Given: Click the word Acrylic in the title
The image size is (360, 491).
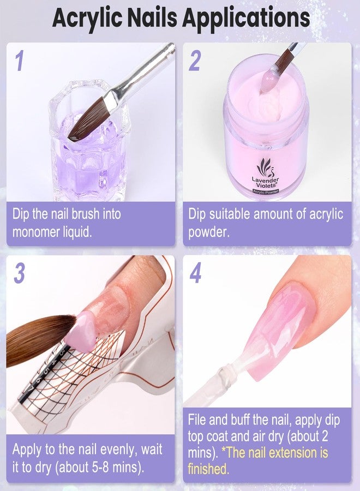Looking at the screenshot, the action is coord(88,18).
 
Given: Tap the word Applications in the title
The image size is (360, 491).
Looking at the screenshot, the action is coord(246,18).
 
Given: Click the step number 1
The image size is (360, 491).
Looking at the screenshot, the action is coord(20,61).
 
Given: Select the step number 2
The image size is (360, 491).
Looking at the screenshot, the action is coord(194,61).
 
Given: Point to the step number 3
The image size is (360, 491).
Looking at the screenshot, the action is coord(20,273).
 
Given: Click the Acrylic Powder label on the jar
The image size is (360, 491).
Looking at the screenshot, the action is coord(266,192).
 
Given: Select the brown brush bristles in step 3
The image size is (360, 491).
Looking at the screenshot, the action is coord(38,338).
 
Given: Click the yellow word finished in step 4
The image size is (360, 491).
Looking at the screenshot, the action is coord(208,469).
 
